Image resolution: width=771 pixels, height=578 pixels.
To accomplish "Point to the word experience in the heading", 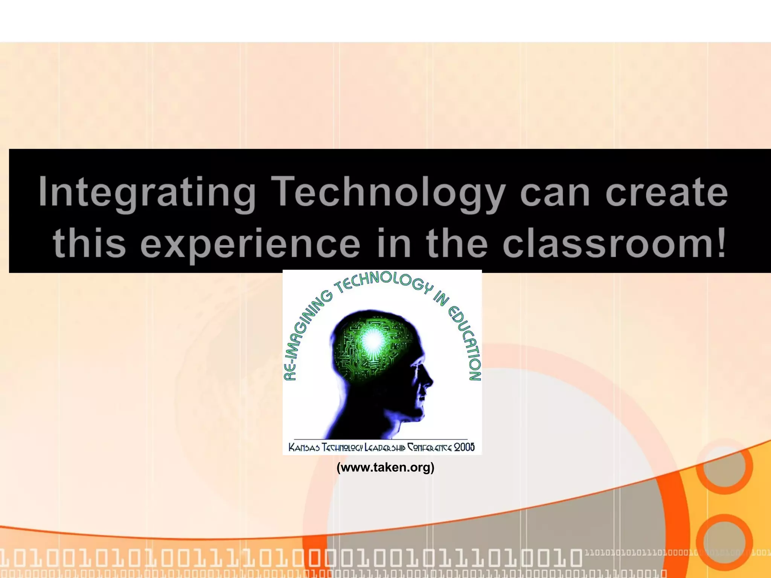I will [x=250, y=244].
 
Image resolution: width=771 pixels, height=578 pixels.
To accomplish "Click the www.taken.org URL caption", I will [x=385, y=467].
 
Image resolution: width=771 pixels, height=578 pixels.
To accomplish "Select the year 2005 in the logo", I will [x=464, y=447].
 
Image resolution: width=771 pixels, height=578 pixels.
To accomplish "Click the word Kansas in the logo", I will [x=304, y=447].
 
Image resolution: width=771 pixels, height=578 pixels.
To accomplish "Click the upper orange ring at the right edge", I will [x=724, y=466].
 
